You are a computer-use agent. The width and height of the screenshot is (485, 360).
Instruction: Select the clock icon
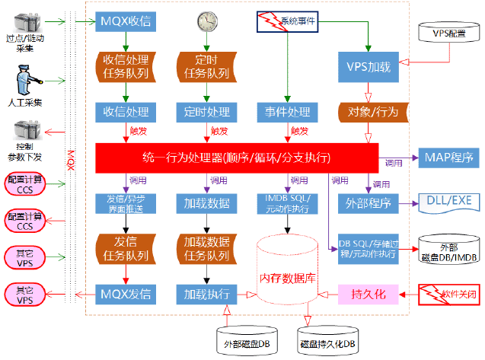click(x=206, y=21)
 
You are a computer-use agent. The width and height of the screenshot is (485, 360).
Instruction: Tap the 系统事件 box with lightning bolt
click(x=286, y=21)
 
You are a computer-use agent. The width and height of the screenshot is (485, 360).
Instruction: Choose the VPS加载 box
click(x=369, y=67)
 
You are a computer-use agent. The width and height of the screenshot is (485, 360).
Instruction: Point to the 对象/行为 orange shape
click(x=369, y=112)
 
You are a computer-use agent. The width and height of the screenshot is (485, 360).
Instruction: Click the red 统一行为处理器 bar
click(x=236, y=158)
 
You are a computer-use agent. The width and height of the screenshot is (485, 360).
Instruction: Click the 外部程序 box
click(x=369, y=203)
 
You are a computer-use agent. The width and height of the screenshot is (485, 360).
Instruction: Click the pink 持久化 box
click(x=369, y=293)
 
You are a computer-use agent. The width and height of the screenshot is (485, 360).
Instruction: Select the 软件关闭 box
click(x=450, y=293)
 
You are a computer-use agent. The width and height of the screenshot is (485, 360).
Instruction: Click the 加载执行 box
click(x=206, y=293)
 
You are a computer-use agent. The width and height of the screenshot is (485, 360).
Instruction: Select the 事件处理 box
click(x=286, y=112)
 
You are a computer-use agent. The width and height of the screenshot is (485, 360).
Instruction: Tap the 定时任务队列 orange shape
click(x=206, y=67)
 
